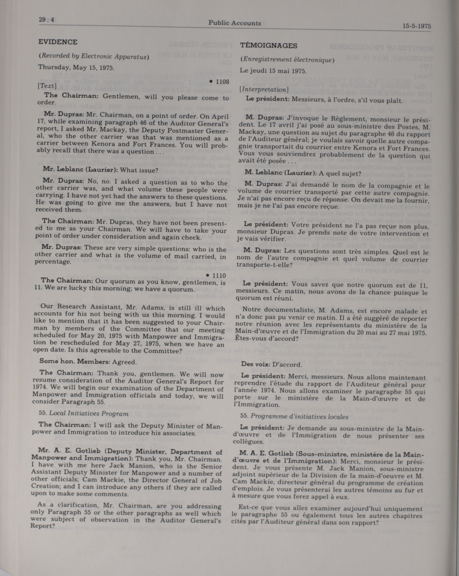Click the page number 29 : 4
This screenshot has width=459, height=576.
(x=46, y=20)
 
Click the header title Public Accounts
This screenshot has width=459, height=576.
(x=235, y=23)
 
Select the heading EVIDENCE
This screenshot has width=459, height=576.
(x=58, y=42)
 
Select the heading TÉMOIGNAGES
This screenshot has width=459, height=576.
(x=269, y=45)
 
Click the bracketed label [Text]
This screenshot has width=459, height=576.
(x=47, y=86)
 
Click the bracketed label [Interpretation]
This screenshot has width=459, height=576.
(x=264, y=89)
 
